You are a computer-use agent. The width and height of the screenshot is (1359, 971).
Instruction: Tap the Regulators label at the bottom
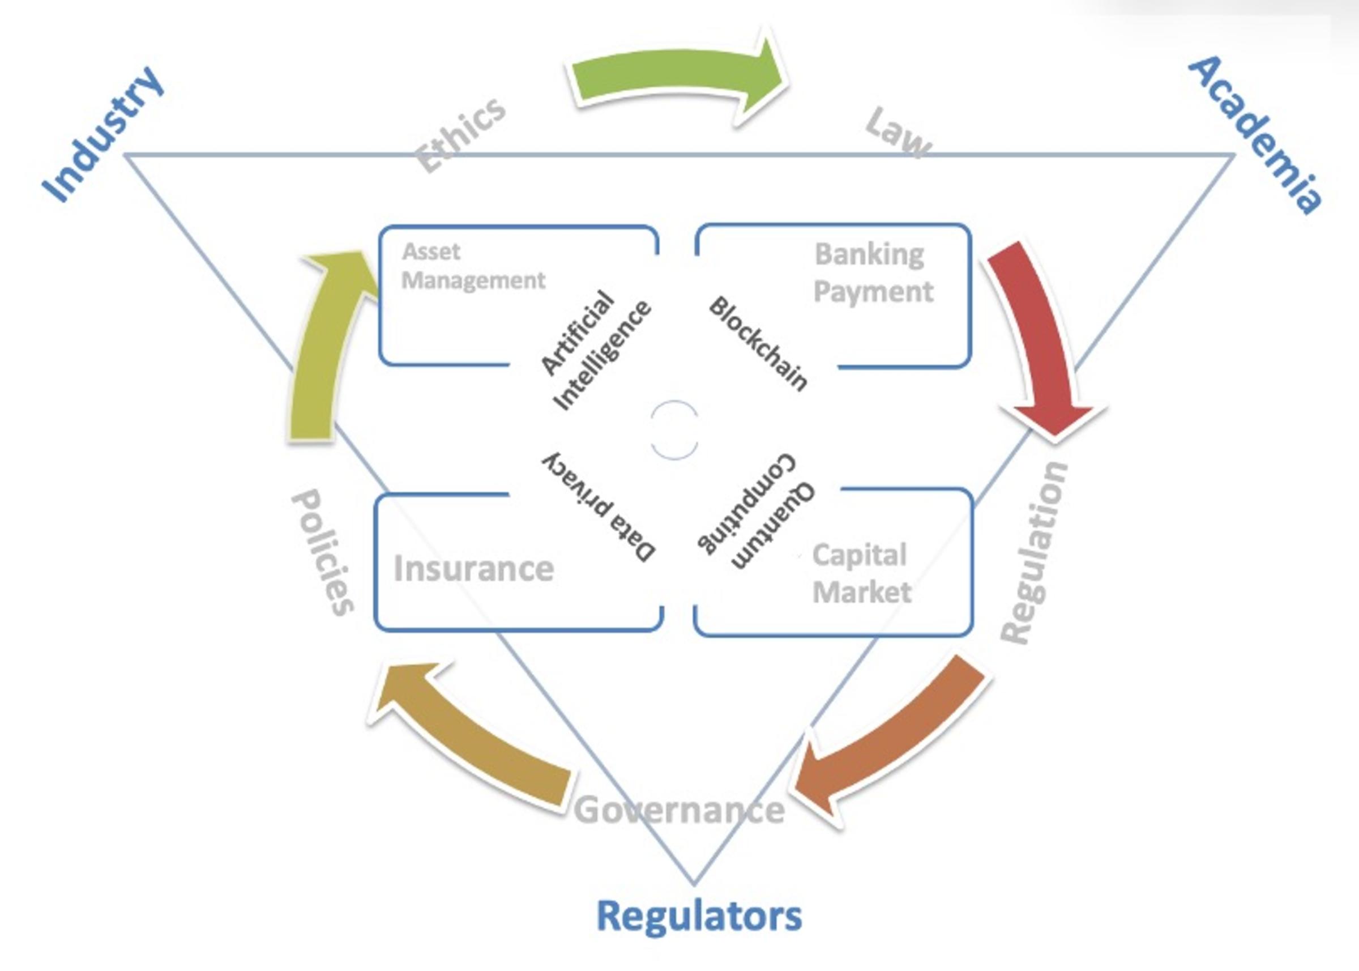click(x=699, y=915)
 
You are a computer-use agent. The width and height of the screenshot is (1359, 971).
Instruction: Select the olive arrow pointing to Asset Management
click(x=323, y=347)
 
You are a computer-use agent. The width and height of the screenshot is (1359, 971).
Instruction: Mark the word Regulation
click(x=1034, y=553)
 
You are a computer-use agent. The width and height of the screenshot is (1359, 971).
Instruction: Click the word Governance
click(x=679, y=810)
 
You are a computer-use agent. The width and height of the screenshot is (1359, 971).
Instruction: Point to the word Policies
click(x=323, y=553)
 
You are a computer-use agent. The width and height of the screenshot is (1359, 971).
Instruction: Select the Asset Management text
click(x=472, y=266)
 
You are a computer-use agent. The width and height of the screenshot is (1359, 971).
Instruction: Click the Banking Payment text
click(x=873, y=272)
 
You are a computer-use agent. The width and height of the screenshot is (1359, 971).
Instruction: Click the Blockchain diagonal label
click(x=758, y=343)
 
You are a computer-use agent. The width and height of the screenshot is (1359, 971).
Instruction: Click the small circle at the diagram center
click(x=674, y=430)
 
